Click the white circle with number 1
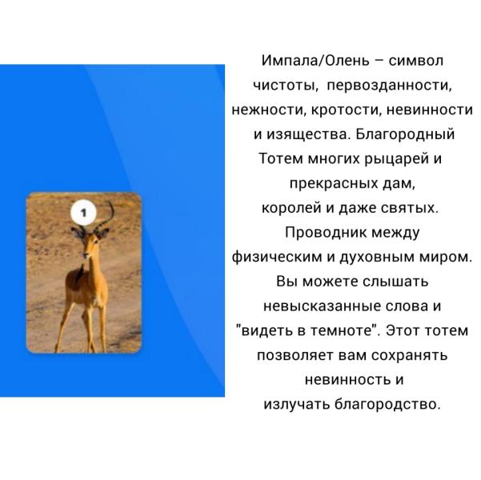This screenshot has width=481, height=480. point(83,213)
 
